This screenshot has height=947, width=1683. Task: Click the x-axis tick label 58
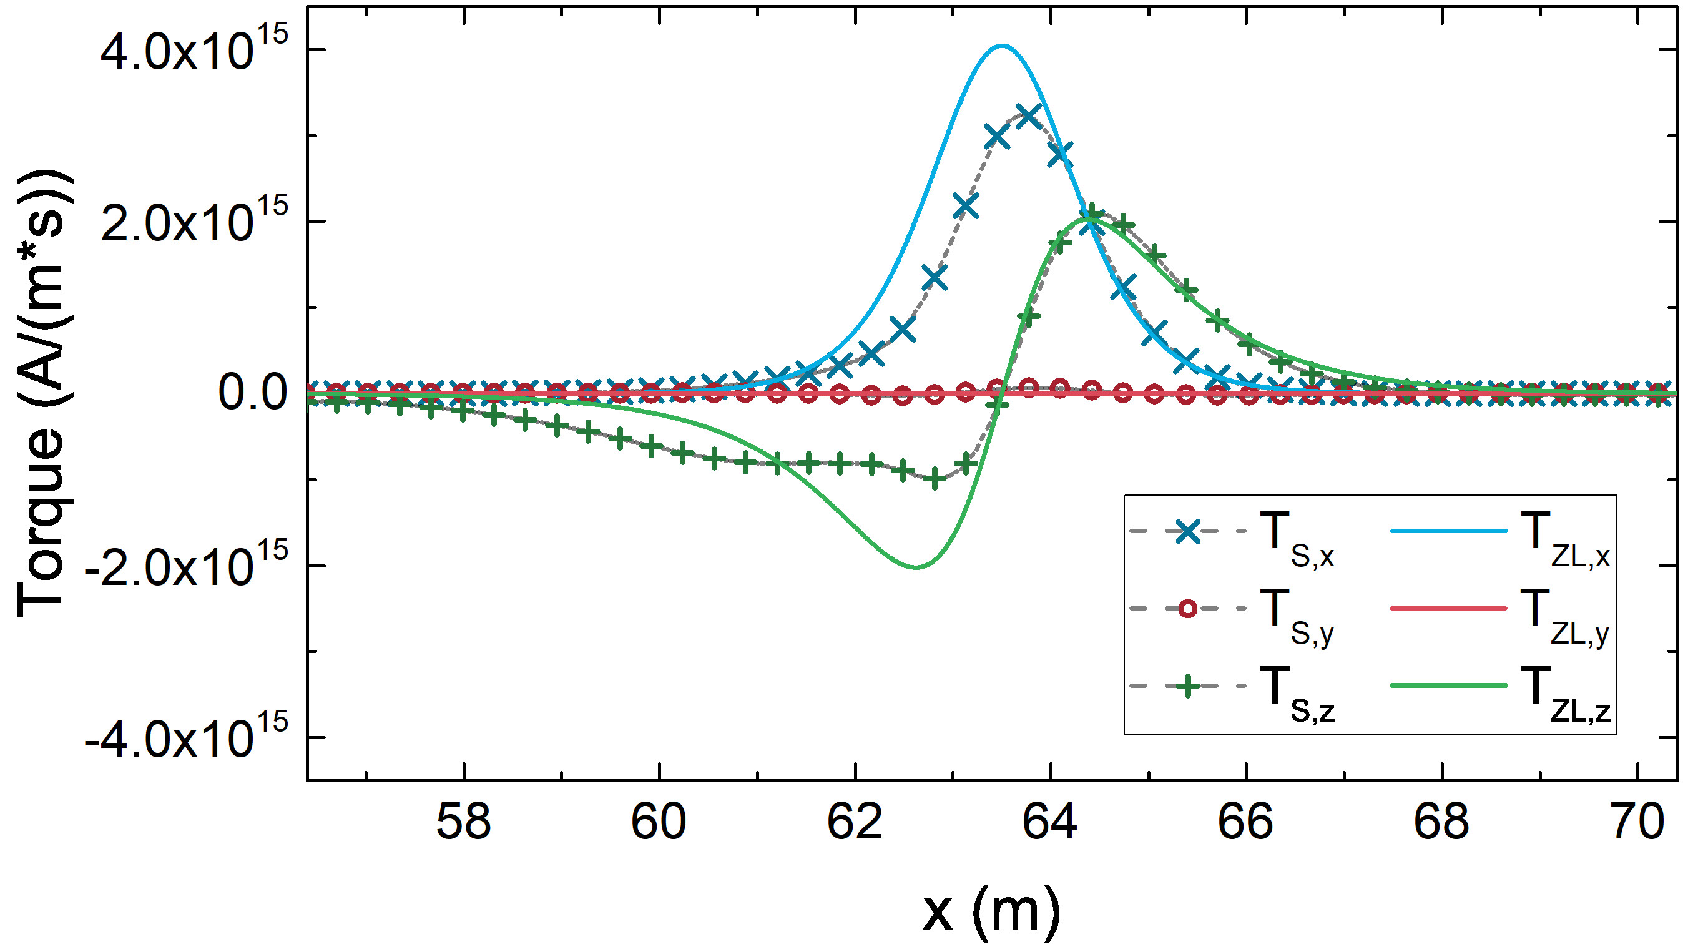[463, 822]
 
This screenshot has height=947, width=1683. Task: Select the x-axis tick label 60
[659, 822]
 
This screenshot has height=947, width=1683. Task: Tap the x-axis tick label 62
[855, 822]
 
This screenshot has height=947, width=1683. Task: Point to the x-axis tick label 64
[1050, 822]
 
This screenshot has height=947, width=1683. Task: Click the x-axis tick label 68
[1441, 822]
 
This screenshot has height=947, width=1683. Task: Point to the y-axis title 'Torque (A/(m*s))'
[43, 393]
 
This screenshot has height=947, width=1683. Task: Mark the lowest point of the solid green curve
[916, 567]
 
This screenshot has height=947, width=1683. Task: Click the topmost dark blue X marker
[1028, 117]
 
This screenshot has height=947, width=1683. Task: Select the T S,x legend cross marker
[1189, 532]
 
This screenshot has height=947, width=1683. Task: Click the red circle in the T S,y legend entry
[1189, 609]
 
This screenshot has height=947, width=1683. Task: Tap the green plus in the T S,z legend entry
[1189, 686]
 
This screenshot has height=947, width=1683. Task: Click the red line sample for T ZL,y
[1449, 609]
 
